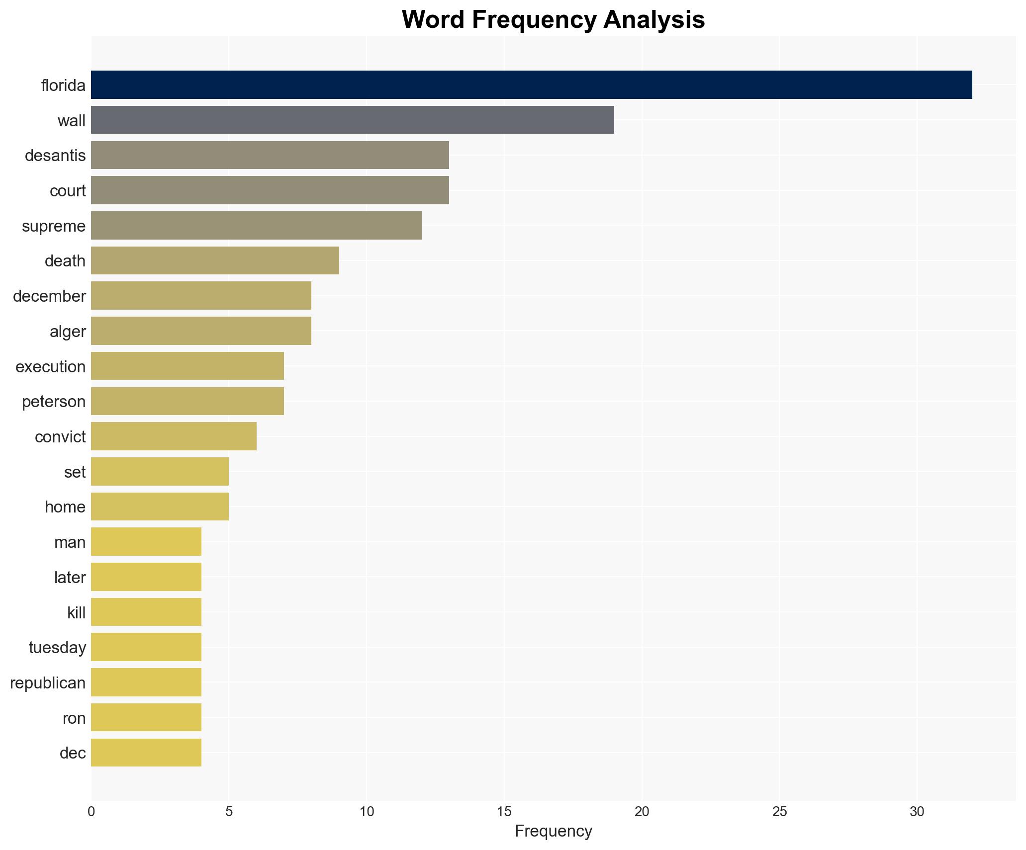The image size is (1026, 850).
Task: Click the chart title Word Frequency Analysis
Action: pyautogui.click(x=553, y=20)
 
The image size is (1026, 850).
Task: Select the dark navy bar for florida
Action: pyautogui.click(x=531, y=85)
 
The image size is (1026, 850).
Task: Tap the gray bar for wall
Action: pyautogui.click(x=352, y=120)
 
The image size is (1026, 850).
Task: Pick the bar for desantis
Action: pyautogui.click(x=270, y=155)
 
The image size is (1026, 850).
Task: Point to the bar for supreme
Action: pyautogui.click(x=256, y=226)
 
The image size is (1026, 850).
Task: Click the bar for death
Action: pyautogui.click(x=215, y=260)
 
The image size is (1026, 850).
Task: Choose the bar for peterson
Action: pyautogui.click(x=187, y=401)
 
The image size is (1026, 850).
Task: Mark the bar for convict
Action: pyautogui.click(x=174, y=436)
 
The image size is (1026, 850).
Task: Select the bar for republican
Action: pyautogui.click(x=146, y=682)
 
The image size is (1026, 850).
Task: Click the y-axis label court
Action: pyautogui.click(x=68, y=191)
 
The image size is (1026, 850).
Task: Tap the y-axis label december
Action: pyautogui.click(x=49, y=296)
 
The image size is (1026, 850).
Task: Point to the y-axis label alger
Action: pyautogui.click(x=68, y=332)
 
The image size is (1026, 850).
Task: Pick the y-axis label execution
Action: pyautogui.click(x=51, y=367)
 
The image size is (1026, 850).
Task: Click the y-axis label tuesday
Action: pyautogui.click(x=57, y=648)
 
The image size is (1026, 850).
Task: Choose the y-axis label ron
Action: pyautogui.click(x=74, y=718)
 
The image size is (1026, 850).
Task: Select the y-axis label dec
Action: pyautogui.click(x=73, y=753)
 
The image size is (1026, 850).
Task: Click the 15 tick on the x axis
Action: pyautogui.click(x=504, y=812)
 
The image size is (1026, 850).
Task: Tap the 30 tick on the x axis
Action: pyautogui.click(x=917, y=812)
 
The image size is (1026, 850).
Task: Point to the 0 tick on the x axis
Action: pyautogui.click(x=91, y=812)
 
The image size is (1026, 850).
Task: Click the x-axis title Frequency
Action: pyautogui.click(x=553, y=831)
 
